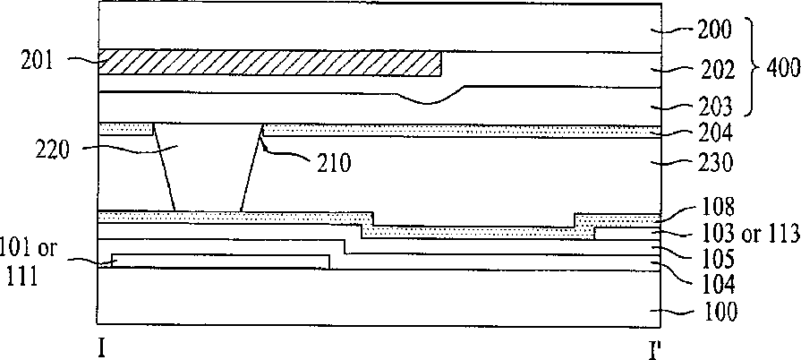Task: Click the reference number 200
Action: tap(714, 30)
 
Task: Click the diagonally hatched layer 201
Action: tap(268, 63)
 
